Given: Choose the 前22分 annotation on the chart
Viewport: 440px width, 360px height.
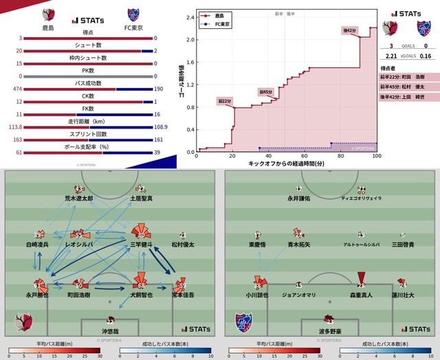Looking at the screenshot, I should (x=224, y=100).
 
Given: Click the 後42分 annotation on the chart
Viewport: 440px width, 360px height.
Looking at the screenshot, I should (x=351, y=31).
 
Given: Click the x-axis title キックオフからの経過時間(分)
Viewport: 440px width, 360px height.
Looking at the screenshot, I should (x=287, y=166).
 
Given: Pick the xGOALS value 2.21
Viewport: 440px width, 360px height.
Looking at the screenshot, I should (x=390, y=56).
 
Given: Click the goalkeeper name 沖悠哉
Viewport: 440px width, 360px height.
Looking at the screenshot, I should (x=110, y=331).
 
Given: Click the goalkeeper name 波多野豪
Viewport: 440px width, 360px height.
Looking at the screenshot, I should (x=330, y=331).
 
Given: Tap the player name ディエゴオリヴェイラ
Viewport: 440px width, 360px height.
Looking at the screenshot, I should (x=362, y=198).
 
